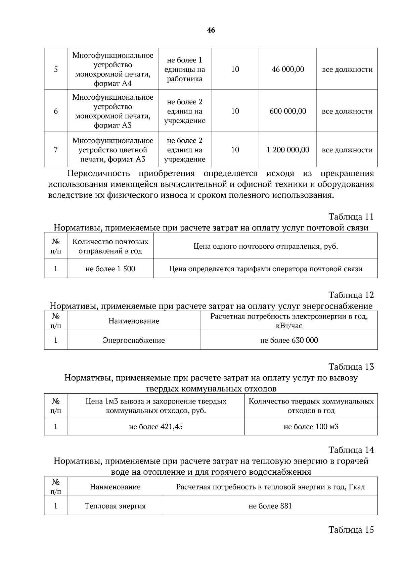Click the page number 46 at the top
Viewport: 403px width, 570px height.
pos(211,30)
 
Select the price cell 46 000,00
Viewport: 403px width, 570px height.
pos(287,69)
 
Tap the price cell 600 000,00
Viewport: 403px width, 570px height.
pos(288,111)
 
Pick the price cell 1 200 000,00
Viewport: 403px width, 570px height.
pos(288,150)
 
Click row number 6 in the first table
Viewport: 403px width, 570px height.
pos(56,111)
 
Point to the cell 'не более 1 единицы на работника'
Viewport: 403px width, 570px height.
pos(184,69)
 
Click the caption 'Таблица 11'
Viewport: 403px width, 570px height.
pos(351,217)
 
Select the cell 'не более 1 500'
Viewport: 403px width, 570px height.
pos(110,269)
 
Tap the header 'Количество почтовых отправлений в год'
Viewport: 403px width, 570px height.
pos(110,246)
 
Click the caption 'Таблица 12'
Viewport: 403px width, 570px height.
pos(351,295)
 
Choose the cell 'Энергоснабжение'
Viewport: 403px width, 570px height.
pos(134,340)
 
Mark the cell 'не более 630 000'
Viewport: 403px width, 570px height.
pos(289,340)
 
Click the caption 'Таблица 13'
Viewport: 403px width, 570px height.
pos(351,367)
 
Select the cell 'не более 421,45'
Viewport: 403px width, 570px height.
pos(156,427)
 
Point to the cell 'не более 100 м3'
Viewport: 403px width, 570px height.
pos(311,427)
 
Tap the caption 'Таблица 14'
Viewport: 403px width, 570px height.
pos(351,450)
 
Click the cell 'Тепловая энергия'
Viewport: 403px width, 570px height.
pos(115,506)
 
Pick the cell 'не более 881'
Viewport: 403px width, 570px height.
pos(270,506)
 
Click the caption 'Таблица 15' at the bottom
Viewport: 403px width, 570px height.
pos(351,530)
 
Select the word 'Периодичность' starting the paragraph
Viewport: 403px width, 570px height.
pos(98,174)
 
